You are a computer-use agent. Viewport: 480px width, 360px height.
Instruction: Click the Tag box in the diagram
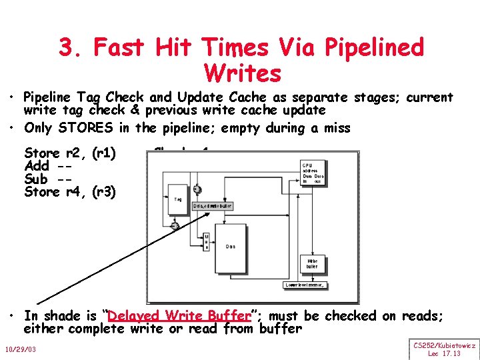click(x=178, y=198)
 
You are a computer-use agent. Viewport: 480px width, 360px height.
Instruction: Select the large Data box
click(x=230, y=246)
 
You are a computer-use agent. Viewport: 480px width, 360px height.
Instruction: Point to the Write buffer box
click(x=312, y=263)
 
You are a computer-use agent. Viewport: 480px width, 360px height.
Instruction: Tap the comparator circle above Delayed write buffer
click(x=197, y=190)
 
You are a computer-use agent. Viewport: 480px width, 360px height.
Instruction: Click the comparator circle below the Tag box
click(x=174, y=227)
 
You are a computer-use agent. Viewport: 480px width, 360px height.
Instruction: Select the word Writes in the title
click(x=243, y=72)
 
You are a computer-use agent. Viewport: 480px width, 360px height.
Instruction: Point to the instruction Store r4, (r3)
click(x=70, y=192)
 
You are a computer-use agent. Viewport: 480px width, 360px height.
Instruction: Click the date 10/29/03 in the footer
click(x=22, y=349)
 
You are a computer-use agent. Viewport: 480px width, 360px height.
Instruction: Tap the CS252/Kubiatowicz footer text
click(x=444, y=345)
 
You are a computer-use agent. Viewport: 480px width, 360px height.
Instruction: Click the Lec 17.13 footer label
click(x=443, y=353)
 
